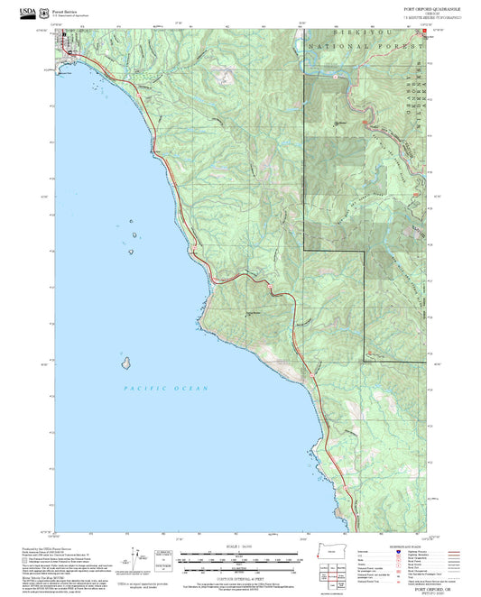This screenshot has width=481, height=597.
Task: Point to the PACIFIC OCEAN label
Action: [166, 389]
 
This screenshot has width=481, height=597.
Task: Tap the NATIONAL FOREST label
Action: [365, 44]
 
